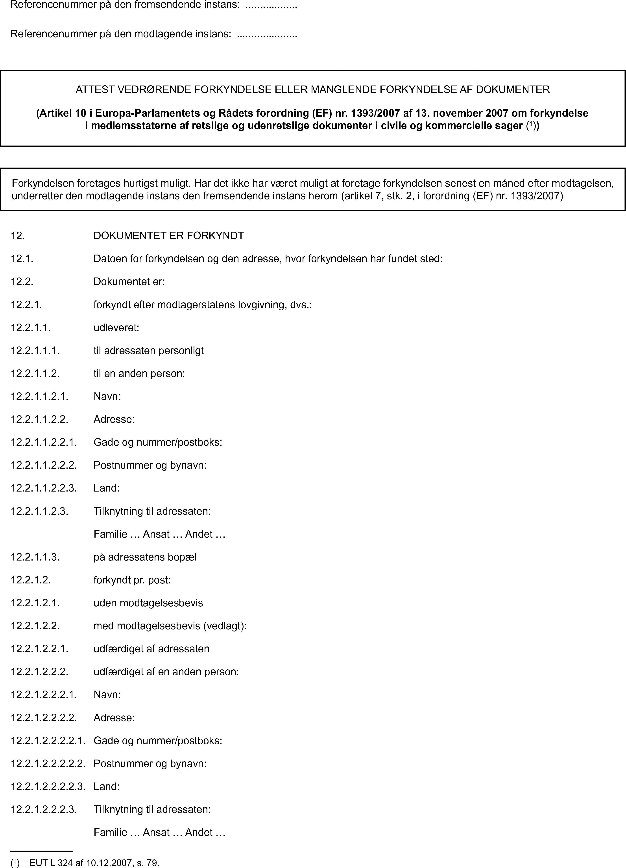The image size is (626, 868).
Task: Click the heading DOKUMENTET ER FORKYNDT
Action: [x=169, y=236]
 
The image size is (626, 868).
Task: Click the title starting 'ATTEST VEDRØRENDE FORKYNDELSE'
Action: [x=312, y=89]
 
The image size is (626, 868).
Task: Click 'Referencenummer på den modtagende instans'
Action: [x=120, y=34]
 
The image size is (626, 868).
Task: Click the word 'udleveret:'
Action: [x=116, y=328]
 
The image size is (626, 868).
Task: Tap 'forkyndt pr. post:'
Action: [x=132, y=580]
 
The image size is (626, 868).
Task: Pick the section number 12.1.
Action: [x=22, y=259]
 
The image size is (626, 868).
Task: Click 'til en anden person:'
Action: [x=139, y=374]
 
